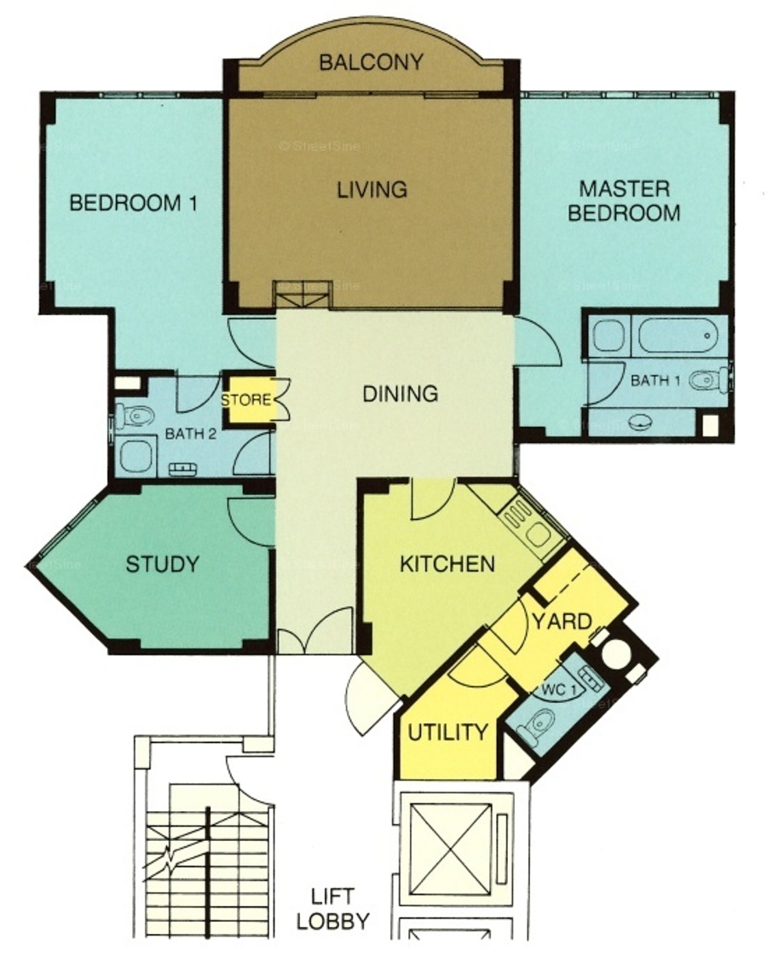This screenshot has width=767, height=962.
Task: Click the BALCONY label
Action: tap(372, 62)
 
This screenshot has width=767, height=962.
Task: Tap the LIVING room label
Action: tap(372, 189)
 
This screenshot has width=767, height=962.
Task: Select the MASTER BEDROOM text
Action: tap(624, 200)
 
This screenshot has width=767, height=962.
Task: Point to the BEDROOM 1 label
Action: tap(133, 203)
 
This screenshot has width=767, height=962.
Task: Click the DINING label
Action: tap(400, 394)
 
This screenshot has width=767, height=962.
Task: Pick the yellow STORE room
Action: tap(246, 400)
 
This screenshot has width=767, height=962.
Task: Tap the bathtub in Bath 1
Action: tap(678, 336)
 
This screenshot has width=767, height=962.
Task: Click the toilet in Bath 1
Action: tap(709, 380)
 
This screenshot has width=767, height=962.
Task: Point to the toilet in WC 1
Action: tap(538, 725)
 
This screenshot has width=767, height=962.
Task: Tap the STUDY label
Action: tap(163, 564)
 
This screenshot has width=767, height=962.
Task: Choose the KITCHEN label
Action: tap(447, 564)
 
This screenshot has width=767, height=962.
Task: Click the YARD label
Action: tap(562, 621)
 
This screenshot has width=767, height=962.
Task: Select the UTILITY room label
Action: tap(448, 732)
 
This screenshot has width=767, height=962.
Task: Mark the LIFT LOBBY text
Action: tap(332, 908)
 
